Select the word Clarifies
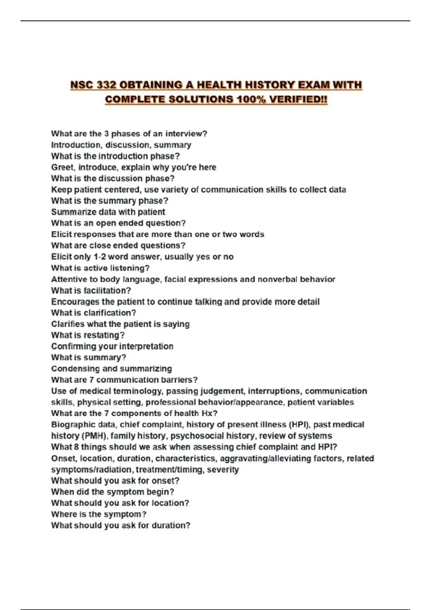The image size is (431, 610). pyautogui.click(x=68, y=324)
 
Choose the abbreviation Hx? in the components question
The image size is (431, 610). pyautogui.click(x=209, y=413)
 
